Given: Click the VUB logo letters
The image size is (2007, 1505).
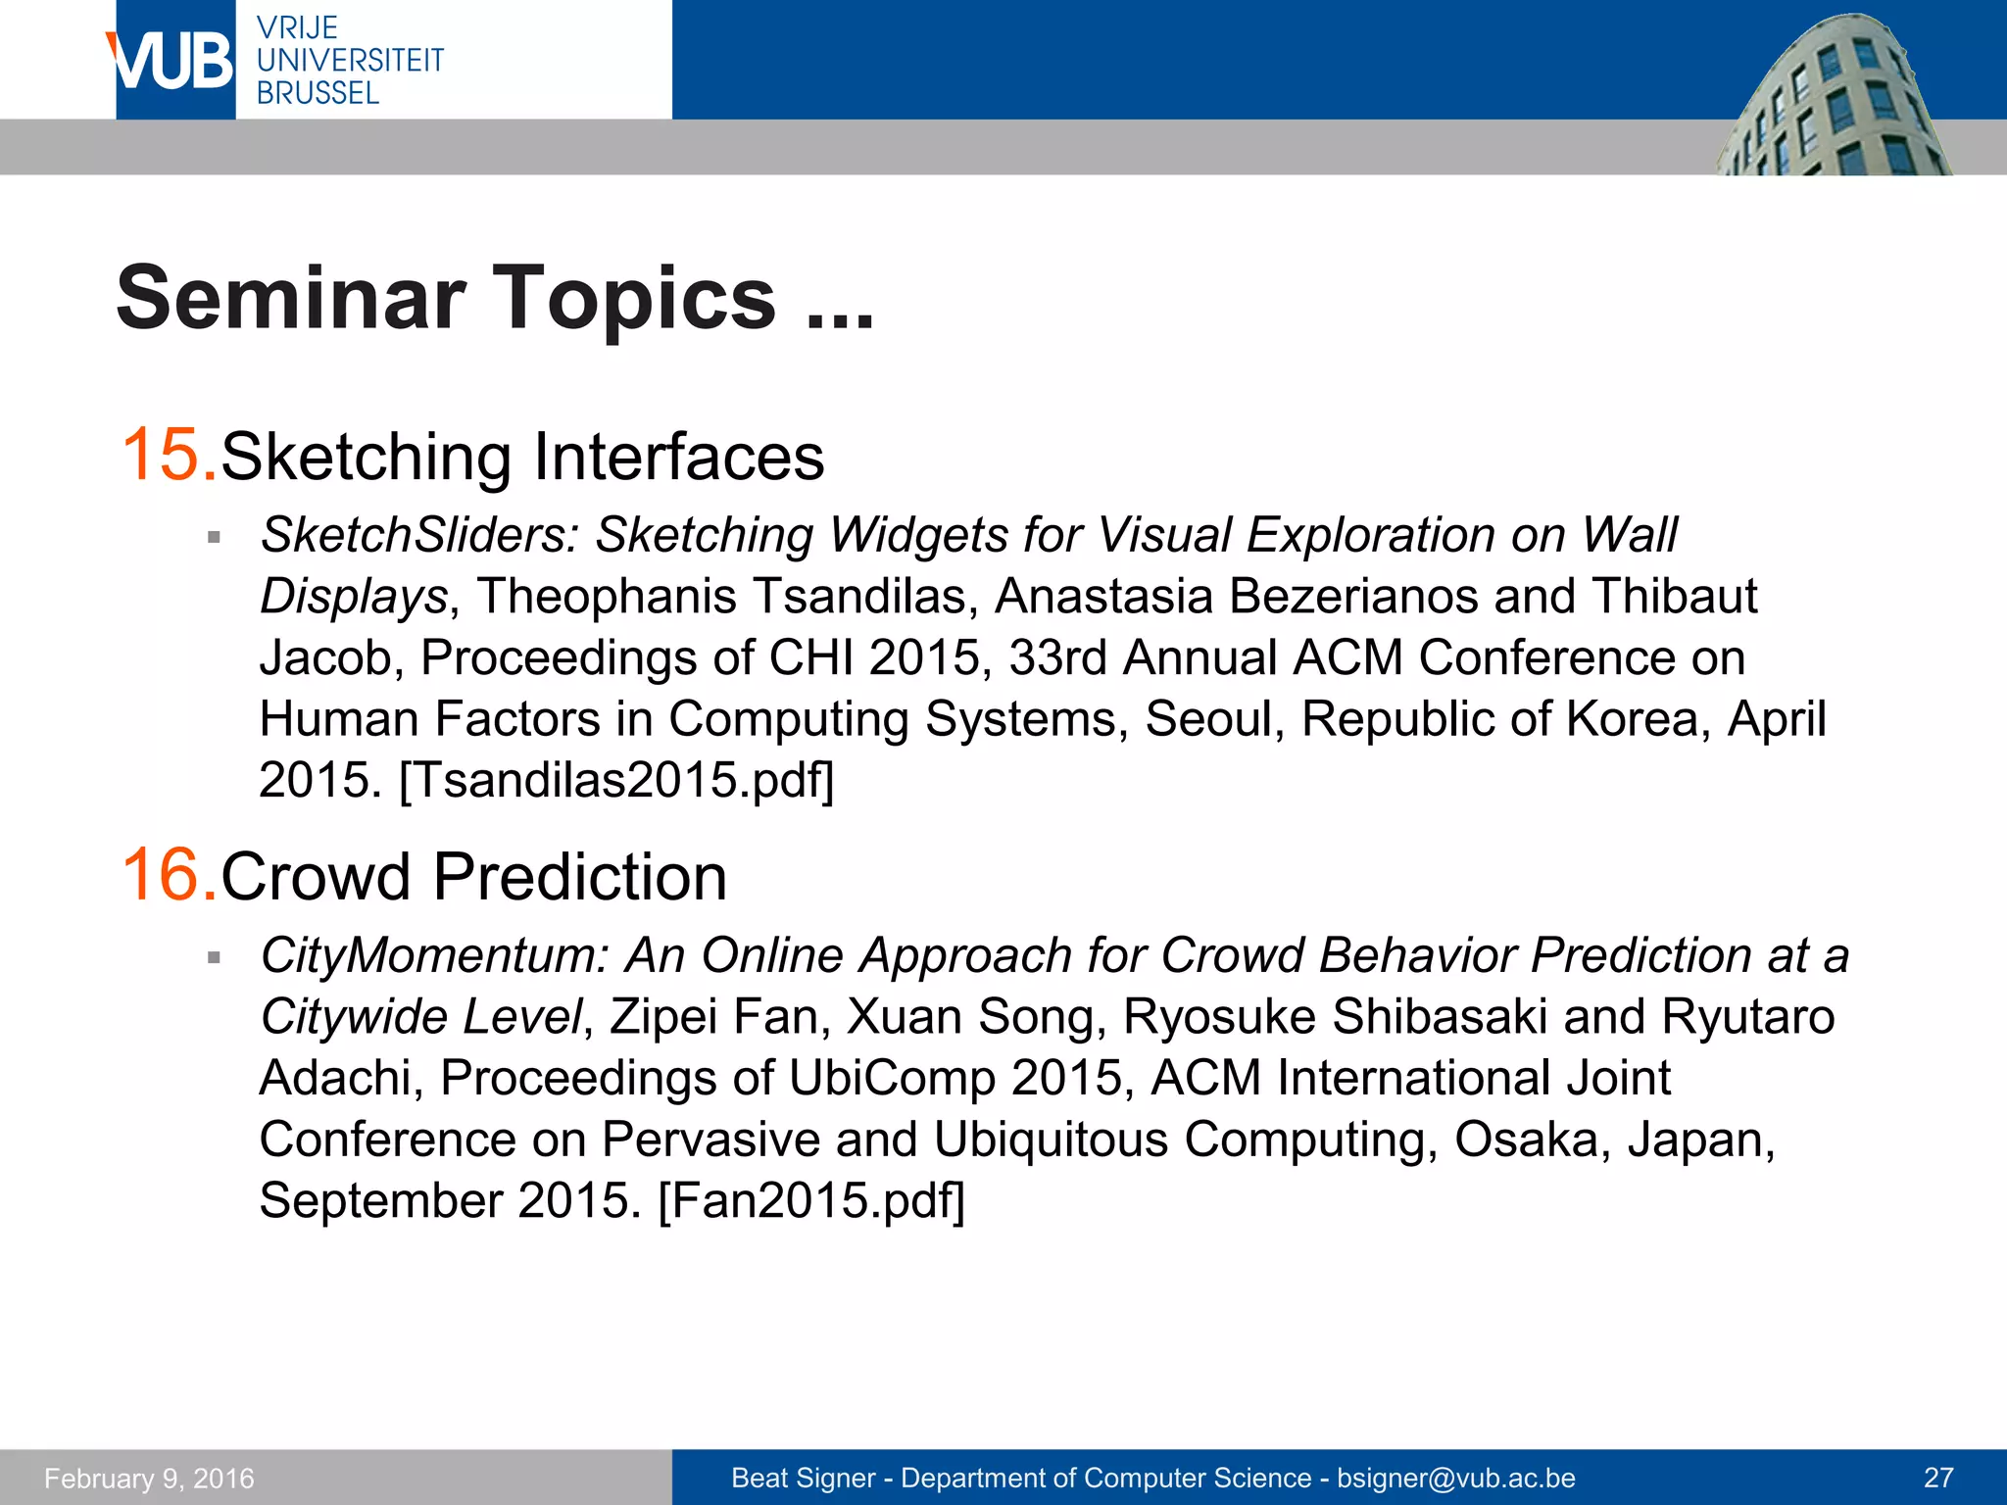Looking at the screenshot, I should (171, 61).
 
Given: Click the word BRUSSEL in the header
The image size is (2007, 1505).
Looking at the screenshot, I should (318, 93).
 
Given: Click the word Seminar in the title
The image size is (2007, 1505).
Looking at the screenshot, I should (290, 298).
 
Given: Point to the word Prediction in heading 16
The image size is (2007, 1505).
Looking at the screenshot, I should (579, 877).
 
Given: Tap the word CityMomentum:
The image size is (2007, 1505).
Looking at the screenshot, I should (434, 955).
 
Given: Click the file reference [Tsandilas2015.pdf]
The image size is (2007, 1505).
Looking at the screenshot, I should (616, 781).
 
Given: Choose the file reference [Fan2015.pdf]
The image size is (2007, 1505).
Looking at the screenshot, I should (811, 1200).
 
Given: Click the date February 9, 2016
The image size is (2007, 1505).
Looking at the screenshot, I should (149, 1478).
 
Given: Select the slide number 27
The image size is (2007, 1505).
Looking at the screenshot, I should (1938, 1478).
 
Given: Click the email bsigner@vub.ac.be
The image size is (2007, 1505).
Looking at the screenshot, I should (1455, 1478).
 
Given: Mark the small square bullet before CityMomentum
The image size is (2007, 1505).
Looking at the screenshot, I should (214, 957).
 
